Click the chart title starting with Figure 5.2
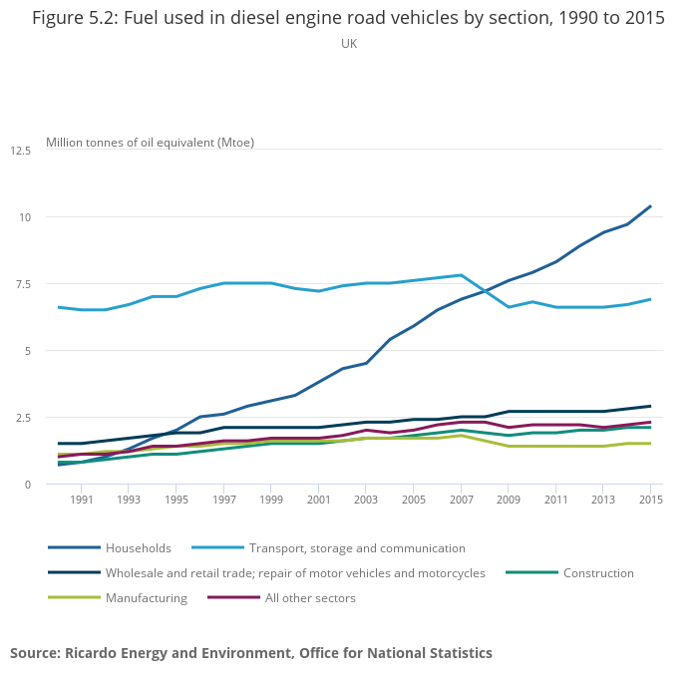348,18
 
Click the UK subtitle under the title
348,44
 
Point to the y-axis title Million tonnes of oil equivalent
150,143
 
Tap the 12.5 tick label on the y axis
21,151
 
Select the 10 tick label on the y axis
26,217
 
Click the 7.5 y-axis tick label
22,284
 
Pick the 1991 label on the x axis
82,501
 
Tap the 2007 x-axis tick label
461,501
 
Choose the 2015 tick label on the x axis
650,501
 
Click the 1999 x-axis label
271,501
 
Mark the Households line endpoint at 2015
650,206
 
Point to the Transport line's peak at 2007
461,275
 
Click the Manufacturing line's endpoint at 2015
650,444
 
